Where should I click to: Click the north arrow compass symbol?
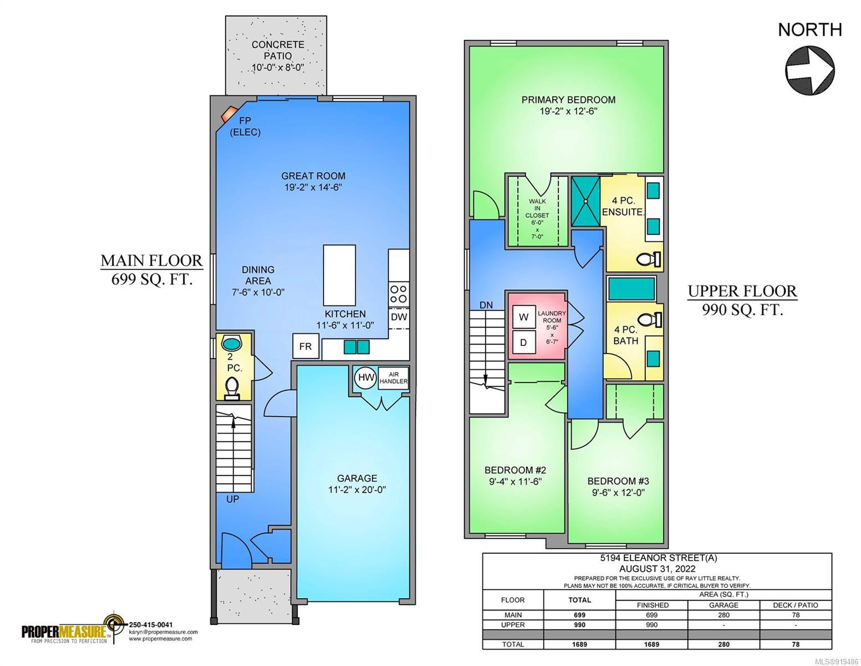[x=809, y=70]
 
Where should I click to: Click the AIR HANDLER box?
[x=393, y=377]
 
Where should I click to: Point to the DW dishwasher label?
[x=399, y=317]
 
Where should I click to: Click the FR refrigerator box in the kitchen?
[x=305, y=346]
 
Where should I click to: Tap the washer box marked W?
[x=523, y=317]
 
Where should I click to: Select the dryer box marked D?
[x=523, y=342]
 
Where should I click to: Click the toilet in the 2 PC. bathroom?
[x=232, y=388]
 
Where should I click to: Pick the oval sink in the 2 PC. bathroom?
[x=232, y=342]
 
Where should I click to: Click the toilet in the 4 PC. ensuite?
[x=649, y=259]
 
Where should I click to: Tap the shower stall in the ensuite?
[x=585, y=201]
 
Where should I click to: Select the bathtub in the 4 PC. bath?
[x=631, y=289]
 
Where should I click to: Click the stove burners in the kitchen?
[x=398, y=294]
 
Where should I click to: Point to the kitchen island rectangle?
[x=339, y=275]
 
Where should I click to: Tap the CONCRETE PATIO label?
[x=278, y=50]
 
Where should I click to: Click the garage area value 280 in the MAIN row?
[x=724, y=615]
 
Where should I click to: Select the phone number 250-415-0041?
[x=151, y=625]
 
